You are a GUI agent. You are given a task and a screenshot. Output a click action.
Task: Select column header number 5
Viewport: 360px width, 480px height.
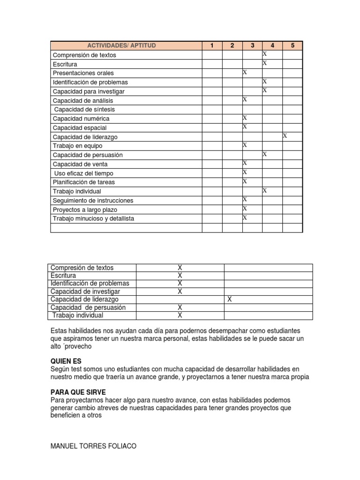point(292,45)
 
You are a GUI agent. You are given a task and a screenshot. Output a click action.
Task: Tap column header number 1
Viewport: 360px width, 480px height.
point(212,45)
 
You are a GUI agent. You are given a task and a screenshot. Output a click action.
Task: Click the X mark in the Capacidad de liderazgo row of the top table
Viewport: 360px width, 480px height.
point(285,136)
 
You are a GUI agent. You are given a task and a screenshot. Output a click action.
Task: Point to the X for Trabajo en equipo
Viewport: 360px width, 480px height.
point(245,145)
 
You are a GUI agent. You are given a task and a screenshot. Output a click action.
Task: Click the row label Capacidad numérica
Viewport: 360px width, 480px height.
point(81,119)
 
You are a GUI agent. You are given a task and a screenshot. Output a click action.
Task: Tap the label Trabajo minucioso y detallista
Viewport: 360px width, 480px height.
point(93,218)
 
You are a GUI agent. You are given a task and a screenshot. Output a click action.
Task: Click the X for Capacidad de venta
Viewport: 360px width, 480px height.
point(245,163)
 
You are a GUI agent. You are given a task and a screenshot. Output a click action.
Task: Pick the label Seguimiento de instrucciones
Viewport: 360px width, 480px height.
point(93,200)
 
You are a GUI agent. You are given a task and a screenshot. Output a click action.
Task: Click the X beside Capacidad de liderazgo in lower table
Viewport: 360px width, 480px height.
point(229,299)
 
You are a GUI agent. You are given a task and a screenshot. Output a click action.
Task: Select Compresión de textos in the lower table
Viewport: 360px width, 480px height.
point(82,268)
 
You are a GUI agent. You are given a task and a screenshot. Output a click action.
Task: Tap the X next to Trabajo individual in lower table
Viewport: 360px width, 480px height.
point(180,315)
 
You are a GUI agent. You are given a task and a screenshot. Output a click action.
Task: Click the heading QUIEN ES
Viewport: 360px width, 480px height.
point(66,361)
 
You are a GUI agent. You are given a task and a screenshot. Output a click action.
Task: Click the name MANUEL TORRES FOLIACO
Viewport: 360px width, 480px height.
point(93,446)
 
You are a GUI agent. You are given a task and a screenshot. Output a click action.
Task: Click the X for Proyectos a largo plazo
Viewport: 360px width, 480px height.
point(245,209)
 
